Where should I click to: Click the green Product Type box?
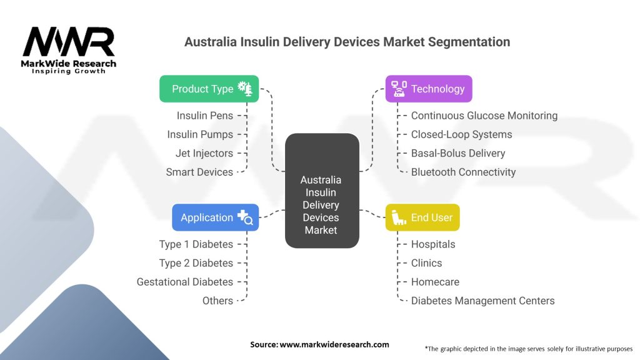coord(209,89)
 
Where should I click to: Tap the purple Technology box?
coord(428,89)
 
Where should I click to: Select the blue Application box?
coord(215,217)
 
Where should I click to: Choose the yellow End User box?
coord(422,217)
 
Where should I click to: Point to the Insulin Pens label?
coord(204,116)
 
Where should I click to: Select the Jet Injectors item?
coord(204,153)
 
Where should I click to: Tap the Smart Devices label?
coord(199,172)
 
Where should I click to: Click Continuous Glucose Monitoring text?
coord(484,116)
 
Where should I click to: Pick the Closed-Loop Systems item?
coord(461,134)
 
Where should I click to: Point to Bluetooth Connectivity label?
coord(463,172)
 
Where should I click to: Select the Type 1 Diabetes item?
coord(196,244)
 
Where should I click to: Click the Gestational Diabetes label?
coord(185,282)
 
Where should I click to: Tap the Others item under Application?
coord(217,301)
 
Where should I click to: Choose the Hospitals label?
coord(432,244)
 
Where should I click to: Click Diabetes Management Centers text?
coord(482,301)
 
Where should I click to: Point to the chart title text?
coord(347,42)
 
